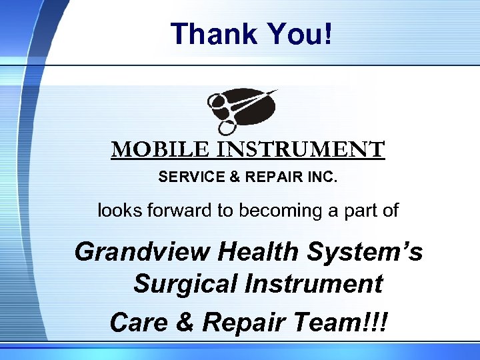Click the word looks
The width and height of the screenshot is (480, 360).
(x=115, y=211)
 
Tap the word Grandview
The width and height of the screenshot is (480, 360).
(x=133, y=252)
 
